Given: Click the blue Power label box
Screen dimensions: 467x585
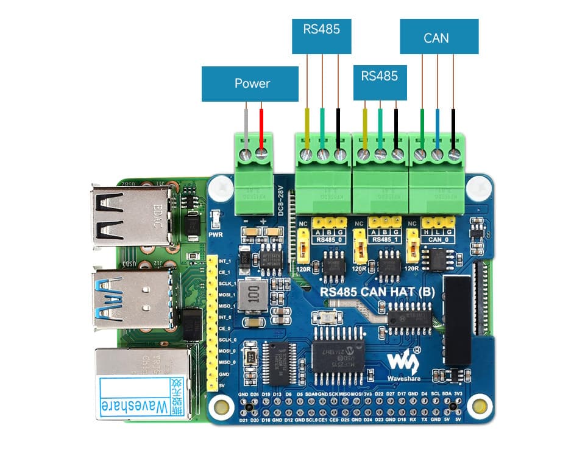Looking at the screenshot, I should coord(250,83).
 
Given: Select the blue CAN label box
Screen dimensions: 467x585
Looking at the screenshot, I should coord(439,37).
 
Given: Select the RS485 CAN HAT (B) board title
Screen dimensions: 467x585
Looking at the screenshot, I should coord(377,292).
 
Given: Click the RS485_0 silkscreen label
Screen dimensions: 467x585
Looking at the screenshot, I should coord(330,241).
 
